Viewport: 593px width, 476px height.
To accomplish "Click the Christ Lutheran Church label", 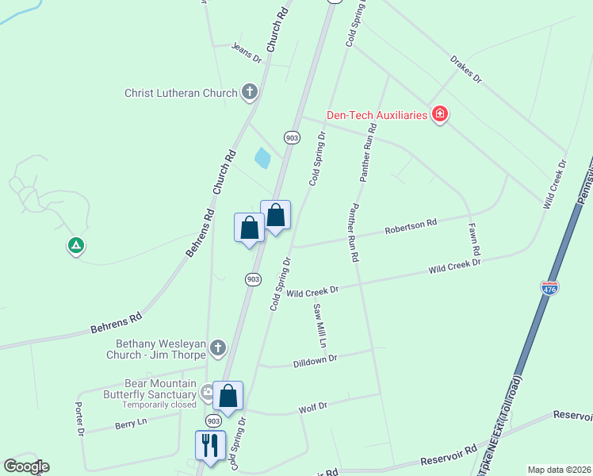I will pos(181,93).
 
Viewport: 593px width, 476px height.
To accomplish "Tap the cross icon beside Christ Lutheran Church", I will pos(250,92).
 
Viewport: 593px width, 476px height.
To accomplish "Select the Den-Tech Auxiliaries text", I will pos(377,115).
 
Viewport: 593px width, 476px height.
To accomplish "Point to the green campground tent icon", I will pos(75,246).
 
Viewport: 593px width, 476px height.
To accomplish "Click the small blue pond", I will pos(262,158).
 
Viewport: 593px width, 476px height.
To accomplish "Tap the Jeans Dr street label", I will pos(247,53).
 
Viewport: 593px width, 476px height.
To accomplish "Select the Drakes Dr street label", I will pos(465,69).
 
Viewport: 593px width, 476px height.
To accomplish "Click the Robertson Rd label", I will pos(411,227).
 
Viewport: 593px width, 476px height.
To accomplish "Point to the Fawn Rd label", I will pos(473,239).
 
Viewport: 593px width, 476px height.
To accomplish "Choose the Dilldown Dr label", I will pos(315,359).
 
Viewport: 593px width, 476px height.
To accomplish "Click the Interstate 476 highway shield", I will pos(549,289).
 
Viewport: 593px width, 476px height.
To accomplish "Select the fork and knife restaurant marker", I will pos(210,445).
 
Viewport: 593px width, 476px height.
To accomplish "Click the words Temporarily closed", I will pos(159,405).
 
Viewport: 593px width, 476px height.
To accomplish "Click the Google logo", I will pos(26,466).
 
